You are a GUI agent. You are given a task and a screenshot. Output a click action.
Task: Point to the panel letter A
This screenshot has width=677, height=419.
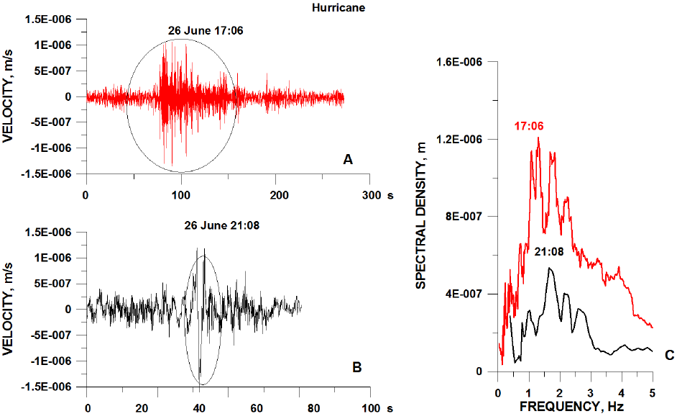tap(348, 161)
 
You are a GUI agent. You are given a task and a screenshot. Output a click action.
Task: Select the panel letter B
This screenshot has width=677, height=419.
tap(356, 367)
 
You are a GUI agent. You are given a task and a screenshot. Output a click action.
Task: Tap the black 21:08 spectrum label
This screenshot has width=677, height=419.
tap(549, 251)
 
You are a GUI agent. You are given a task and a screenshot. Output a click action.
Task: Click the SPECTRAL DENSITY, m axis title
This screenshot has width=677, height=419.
tap(421, 216)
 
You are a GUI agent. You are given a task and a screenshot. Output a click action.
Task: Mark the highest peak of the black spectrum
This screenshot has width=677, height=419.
tap(551, 269)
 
